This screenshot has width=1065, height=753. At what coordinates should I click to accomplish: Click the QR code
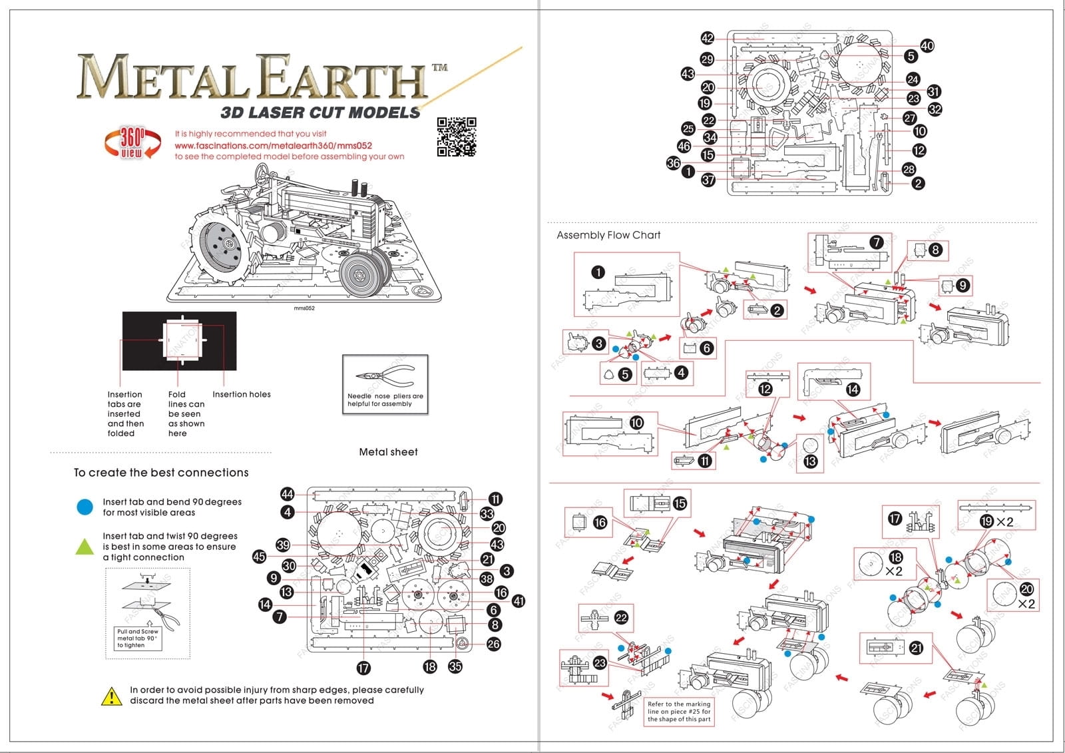(x=457, y=137)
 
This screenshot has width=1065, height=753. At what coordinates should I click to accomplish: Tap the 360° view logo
(x=132, y=142)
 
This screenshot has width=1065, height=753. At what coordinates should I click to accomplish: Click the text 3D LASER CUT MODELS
(x=320, y=113)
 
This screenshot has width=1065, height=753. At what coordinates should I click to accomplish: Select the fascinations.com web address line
(x=273, y=146)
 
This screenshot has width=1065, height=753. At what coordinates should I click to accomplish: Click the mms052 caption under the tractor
(x=304, y=308)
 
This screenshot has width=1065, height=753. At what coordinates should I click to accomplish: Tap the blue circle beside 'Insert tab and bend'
(x=85, y=507)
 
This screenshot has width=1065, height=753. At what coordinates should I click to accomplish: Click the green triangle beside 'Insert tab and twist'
(x=85, y=547)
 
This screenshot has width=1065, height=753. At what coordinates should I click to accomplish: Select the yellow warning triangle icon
(x=111, y=696)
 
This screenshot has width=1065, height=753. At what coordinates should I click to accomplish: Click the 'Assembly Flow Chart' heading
(x=608, y=235)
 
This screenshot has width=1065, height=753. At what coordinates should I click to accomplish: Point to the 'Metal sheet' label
(x=388, y=452)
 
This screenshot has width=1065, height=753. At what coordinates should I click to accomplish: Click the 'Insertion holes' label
(x=242, y=394)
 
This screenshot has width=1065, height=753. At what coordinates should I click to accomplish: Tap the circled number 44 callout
(x=287, y=494)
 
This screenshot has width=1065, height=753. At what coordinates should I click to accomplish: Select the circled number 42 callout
(x=708, y=39)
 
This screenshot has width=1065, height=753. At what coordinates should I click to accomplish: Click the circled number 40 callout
(x=927, y=45)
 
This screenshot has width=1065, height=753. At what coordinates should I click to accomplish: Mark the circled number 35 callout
(x=455, y=666)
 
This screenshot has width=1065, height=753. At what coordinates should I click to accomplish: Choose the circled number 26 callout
(x=493, y=644)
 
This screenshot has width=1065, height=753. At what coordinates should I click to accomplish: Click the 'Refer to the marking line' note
(x=679, y=712)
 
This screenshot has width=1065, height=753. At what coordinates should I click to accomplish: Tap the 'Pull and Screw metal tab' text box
(x=138, y=638)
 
